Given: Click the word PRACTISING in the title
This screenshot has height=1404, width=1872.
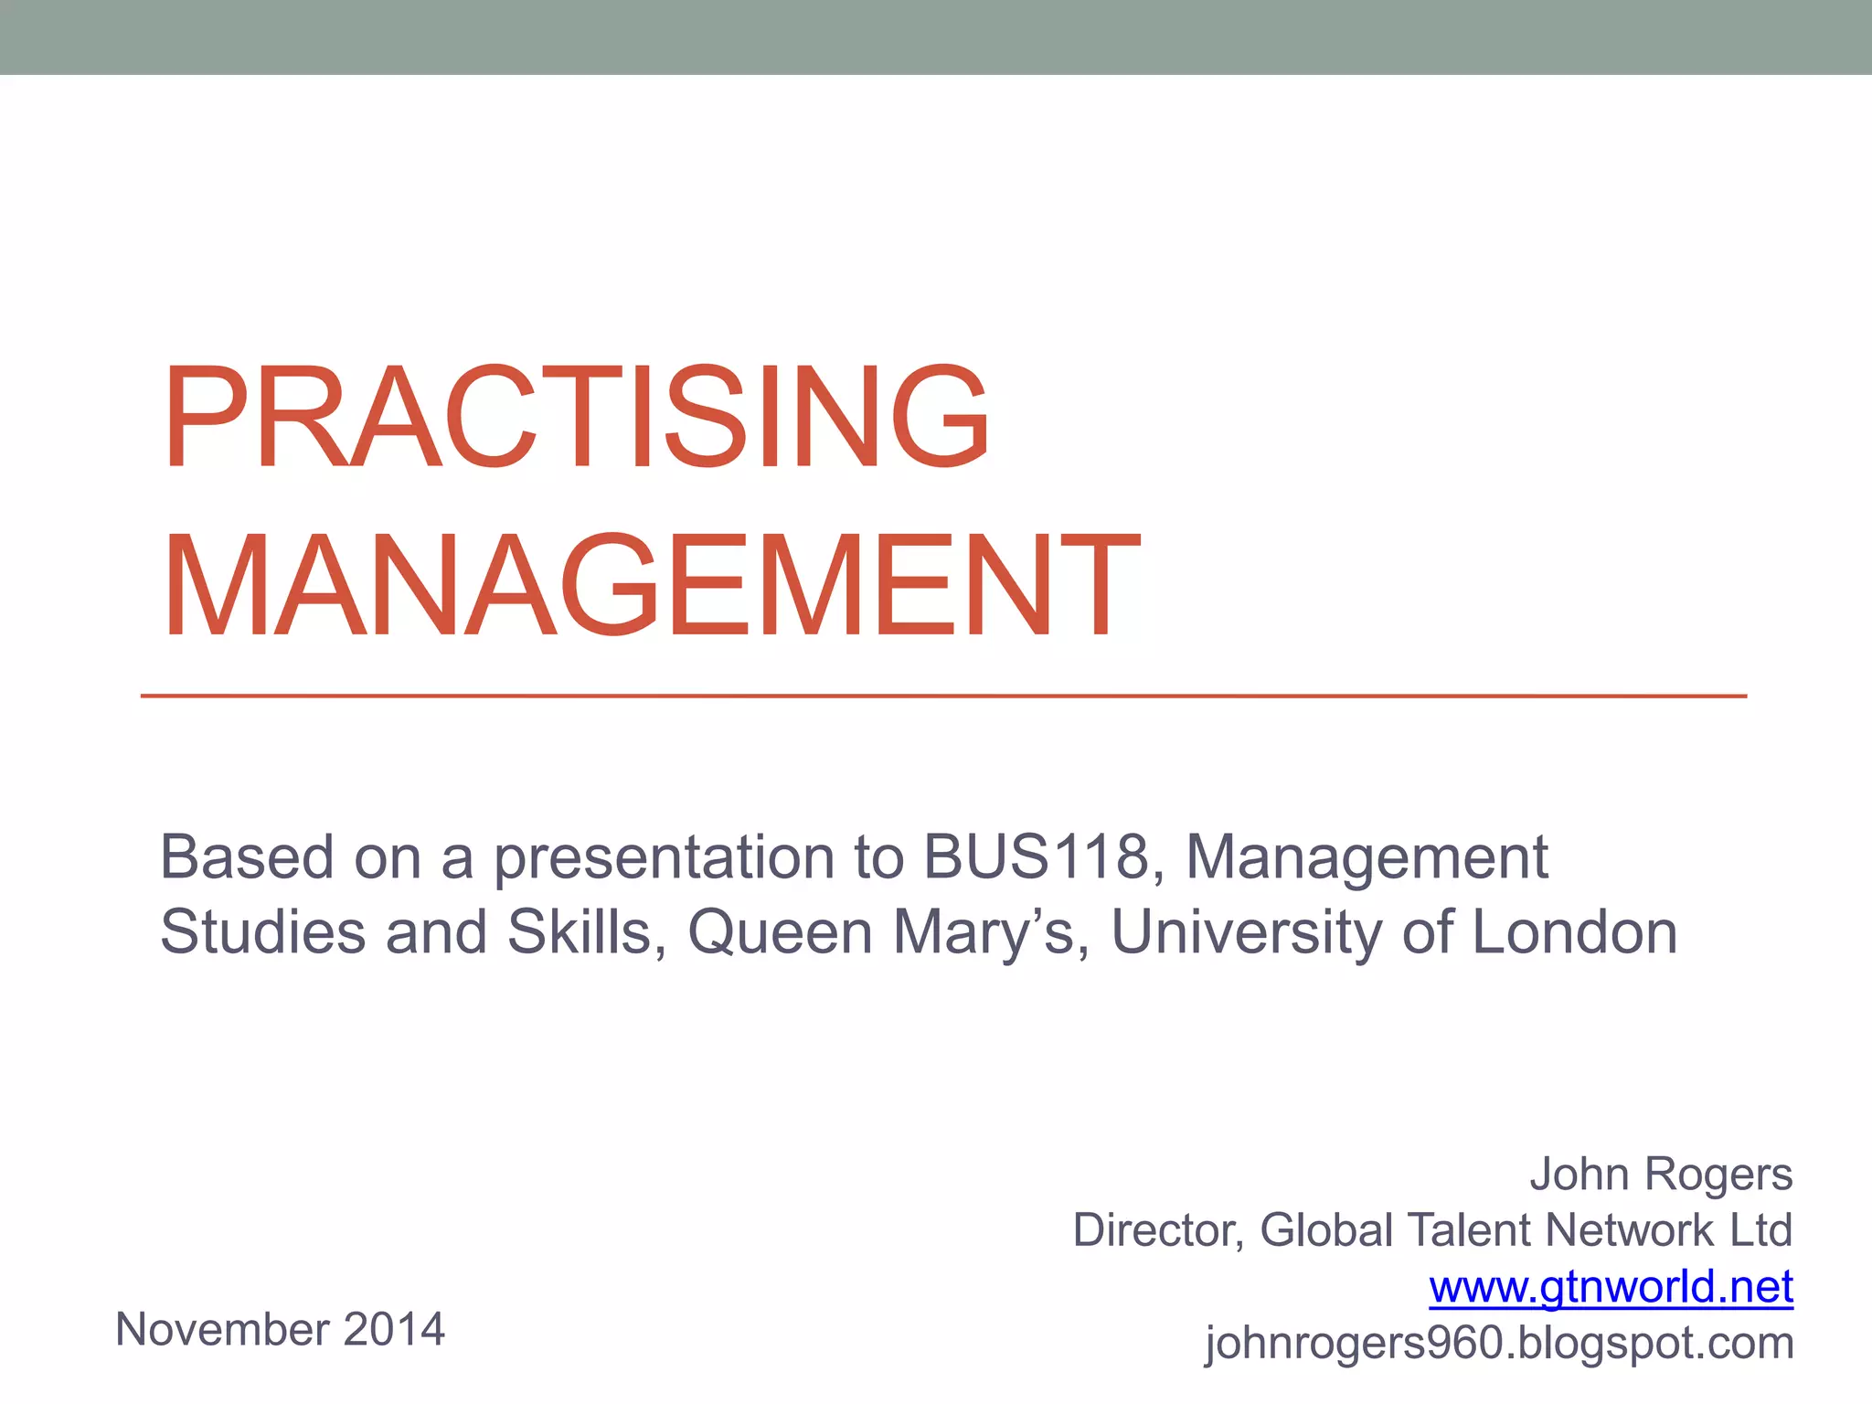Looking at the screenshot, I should click(x=576, y=418).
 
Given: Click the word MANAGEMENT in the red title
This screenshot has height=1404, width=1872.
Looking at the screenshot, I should click(x=651, y=586).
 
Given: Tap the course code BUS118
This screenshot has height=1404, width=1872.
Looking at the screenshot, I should click(x=1035, y=857).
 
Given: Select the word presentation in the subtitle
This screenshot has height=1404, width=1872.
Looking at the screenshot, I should click(x=665, y=859).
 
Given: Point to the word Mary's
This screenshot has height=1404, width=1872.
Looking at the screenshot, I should click(x=983, y=933).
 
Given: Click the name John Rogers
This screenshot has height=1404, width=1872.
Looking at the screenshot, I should click(x=1661, y=1175).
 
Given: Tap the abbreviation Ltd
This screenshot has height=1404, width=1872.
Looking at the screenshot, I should click(x=1760, y=1230).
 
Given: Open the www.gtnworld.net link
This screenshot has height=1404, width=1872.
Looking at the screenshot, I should click(x=1611, y=1287).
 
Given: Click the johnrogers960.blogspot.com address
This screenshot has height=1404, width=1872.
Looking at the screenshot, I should click(x=1499, y=1343).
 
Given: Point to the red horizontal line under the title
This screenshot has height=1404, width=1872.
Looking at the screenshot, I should click(x=941, y=697).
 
